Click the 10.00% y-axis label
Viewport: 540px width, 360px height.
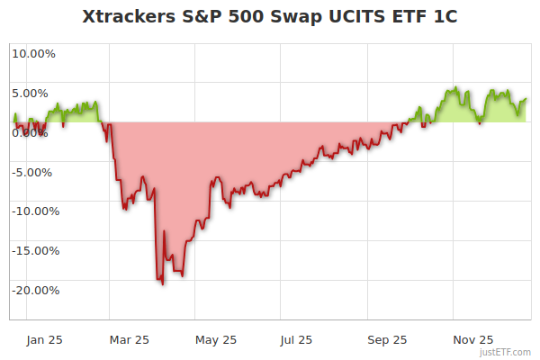pos(33,53)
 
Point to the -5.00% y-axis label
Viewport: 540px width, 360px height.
pos(35,172)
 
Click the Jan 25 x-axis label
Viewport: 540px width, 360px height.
pos(45,339)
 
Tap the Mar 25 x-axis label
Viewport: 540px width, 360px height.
pos(129,339)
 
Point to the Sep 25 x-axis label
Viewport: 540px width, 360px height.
pos(387,339)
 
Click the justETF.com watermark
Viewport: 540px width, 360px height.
pos(505,353)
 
